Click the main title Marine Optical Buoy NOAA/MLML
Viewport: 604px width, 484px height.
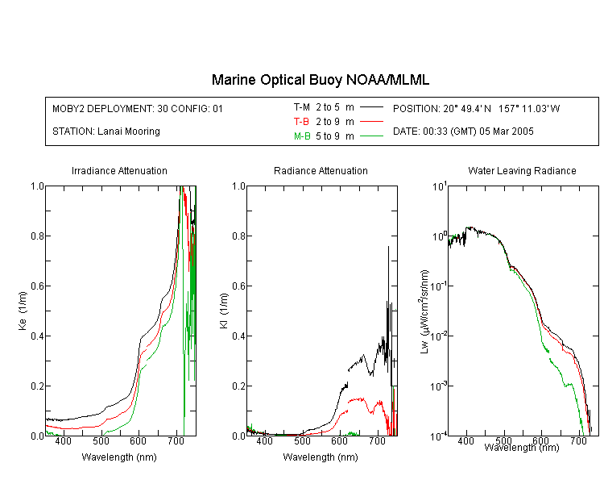pos(320,80)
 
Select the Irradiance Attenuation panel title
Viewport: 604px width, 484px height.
pos(119,170)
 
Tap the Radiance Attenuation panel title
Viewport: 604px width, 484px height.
pos(321,170)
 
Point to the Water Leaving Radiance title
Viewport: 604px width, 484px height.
pos(522,170)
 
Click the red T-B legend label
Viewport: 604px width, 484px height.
pos(301,122)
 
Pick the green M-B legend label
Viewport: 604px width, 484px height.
pos(302,136)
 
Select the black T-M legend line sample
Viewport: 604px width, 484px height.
pos(371,107)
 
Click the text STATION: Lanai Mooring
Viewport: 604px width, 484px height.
pos(106,131)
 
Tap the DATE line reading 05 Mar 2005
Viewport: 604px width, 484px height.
pos(463,131)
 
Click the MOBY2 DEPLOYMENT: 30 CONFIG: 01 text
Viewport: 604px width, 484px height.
pos(138,108)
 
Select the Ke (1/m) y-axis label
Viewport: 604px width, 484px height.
pos(23,311)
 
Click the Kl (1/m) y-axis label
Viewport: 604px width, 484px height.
pos(224,311)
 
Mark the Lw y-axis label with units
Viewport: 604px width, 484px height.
pos(424,311)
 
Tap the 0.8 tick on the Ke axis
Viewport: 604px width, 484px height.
pos(37,236)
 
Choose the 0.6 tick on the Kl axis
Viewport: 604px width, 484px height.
pos(238,286)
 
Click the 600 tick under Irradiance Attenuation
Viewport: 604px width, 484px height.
pos(138,440)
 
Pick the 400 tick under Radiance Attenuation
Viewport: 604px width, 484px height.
pos(264,440)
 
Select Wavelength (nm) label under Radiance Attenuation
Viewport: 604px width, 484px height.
pos(321,457)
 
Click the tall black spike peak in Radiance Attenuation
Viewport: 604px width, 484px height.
pos(388,247)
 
